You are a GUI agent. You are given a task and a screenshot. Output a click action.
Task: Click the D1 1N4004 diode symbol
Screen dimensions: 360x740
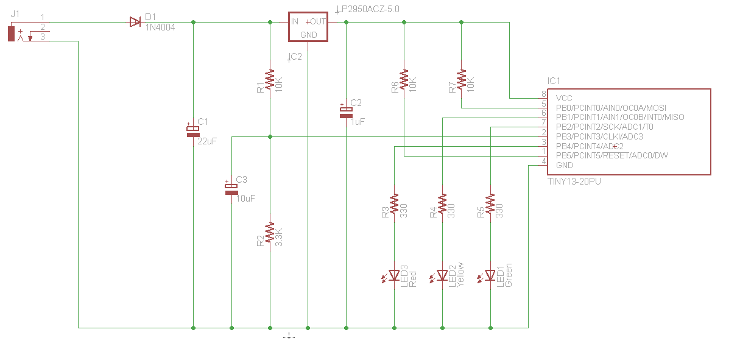click(x=135, y=23)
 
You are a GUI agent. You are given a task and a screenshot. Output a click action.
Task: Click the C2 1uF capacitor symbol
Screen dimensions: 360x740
click(x=346, y=111)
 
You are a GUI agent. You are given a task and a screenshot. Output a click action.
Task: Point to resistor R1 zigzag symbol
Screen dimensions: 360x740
click(x=270, y=80)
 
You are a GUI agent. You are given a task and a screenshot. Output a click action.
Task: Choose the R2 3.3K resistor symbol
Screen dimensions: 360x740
click(x=270, y=233)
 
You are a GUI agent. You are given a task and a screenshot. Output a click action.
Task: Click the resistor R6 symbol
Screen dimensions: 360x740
click(x=404, y=80)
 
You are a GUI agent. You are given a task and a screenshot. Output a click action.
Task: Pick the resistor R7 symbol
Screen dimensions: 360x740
click(x=461, y=80)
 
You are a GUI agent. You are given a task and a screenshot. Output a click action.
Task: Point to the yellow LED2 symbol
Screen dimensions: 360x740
click(x=442, y=276)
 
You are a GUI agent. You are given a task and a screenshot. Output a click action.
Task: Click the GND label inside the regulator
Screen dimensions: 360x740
click(x=309, y=35)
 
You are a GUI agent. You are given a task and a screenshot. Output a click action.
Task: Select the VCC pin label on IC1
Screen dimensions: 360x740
click(x=564, y=98)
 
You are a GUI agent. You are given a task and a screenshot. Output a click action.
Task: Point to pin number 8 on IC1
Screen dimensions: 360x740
click(x=544, y=94)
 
